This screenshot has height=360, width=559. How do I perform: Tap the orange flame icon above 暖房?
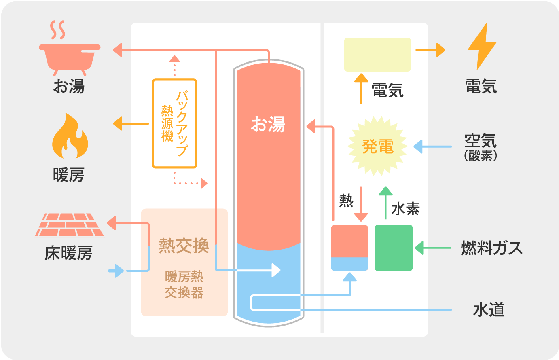click(70, 138)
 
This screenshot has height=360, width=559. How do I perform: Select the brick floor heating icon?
click(70, 225)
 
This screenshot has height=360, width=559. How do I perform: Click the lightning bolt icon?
click(481, 45)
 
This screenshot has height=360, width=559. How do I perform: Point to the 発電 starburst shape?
click(377, 146)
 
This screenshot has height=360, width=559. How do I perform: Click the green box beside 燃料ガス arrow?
click(394, 248)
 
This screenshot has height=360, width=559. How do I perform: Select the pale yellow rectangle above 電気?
click(377, 55)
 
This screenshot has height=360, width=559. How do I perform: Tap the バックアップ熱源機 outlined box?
click(174, 123)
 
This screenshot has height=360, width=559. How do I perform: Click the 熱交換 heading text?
click(184, 246)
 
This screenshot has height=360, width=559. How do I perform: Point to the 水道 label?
click(489, 310)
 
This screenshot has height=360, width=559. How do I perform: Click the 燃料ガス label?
click(491, 248)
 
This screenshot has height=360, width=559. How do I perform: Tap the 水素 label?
click(405, 209)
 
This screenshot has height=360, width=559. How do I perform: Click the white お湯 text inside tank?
click(268, 124)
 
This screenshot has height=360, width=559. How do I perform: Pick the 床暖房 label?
click(69, 253)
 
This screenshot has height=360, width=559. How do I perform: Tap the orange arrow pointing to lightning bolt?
click(430, 50)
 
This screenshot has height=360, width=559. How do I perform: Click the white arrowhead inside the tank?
click(276, 270)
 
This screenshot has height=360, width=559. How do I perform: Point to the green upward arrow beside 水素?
click(386, 202)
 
